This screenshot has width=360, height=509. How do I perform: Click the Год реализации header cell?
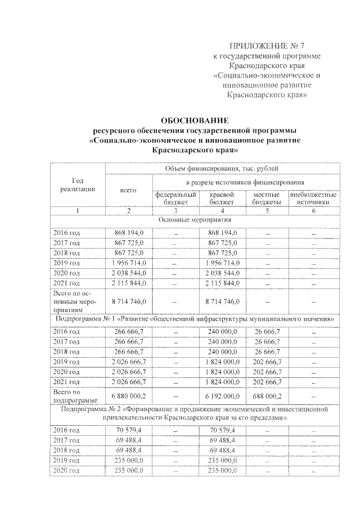[78, 185]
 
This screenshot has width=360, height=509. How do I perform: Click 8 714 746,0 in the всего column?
[129, 302]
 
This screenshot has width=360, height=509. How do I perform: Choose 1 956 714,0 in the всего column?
[129, 263]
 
